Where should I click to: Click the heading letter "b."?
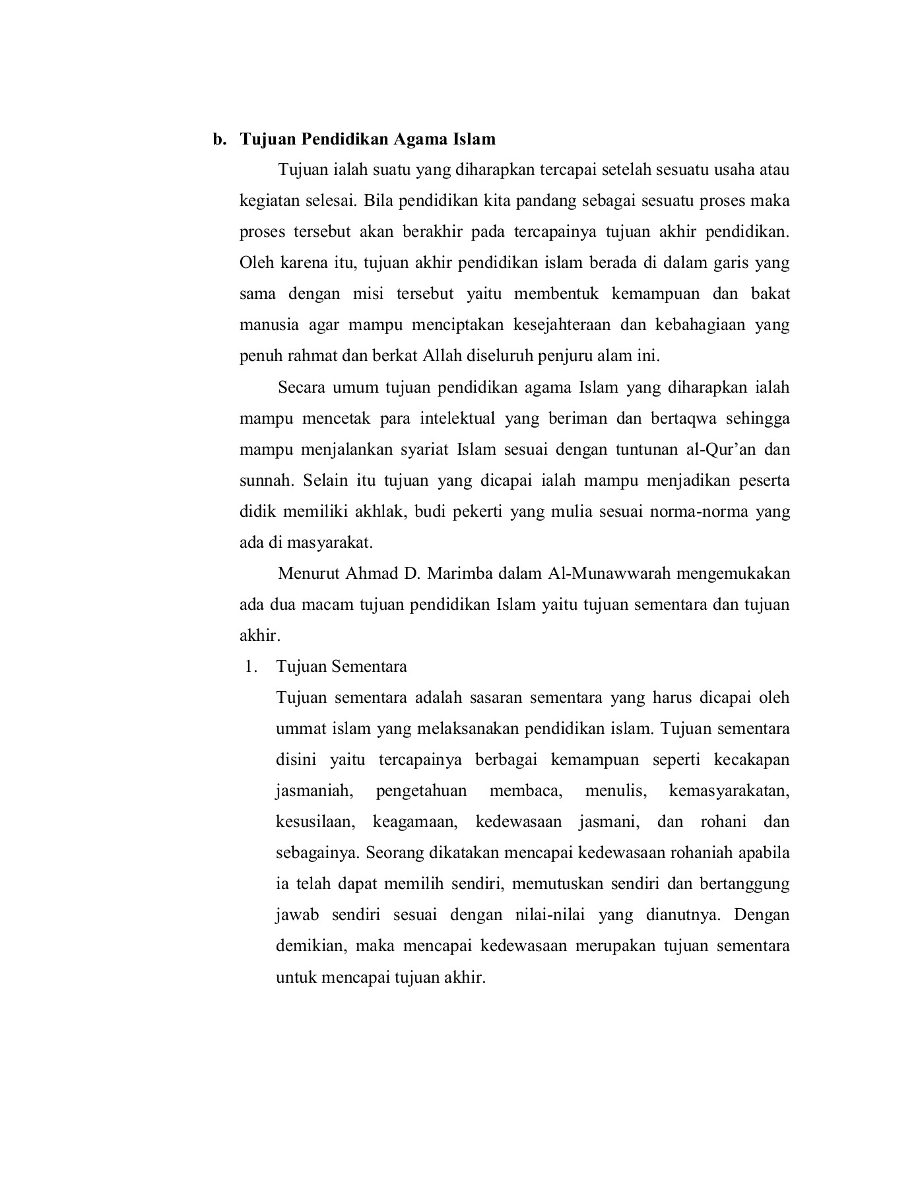218,139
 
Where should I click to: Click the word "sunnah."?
266,480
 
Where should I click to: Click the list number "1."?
249,667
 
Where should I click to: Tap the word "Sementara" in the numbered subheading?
370,667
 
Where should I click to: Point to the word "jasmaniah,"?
316,791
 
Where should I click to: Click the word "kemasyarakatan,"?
729,791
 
